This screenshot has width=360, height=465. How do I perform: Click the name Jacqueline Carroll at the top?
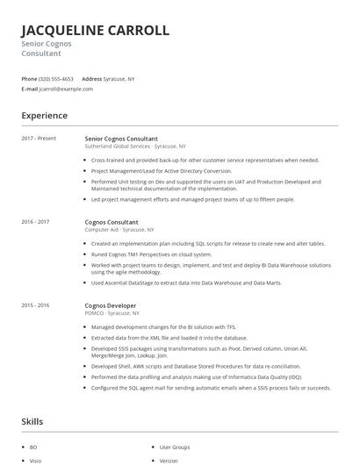(95, 30)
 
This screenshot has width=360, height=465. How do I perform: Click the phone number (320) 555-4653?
(56, 78)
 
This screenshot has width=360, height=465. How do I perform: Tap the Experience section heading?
(44, 116)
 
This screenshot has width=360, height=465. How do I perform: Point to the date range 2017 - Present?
(39, 139)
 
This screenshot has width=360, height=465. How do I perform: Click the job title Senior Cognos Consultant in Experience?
(121, 139)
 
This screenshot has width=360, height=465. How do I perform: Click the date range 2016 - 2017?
(35, 222)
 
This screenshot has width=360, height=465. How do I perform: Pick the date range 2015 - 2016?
(35, 305)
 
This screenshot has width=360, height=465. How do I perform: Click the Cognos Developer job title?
(111, 305)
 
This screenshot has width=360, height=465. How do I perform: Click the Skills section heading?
(33, 423)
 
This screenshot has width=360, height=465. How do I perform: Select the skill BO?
(33, 447)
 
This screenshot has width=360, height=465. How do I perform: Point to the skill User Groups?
(175, 447)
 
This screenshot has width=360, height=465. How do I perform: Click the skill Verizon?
(169, 460)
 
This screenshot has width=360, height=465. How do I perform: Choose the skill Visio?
(35, 460)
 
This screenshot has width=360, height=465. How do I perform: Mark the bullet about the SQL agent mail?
(210, 388)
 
